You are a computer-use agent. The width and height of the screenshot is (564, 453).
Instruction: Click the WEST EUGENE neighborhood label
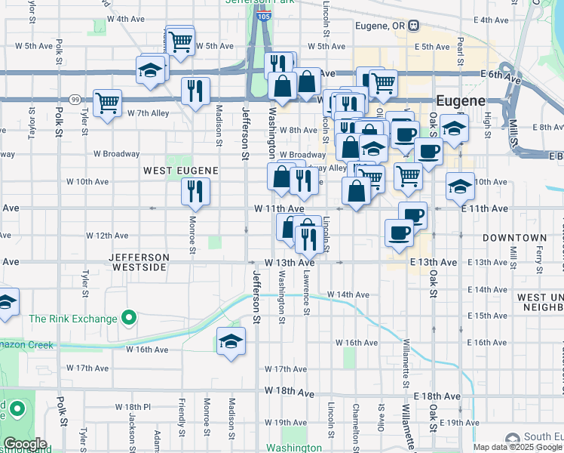(181, 171)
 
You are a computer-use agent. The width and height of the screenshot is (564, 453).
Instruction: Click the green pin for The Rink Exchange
(129, 318)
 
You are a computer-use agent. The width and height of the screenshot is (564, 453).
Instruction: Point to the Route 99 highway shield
(75, 100)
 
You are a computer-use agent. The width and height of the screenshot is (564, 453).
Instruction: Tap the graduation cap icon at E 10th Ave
(460, 186)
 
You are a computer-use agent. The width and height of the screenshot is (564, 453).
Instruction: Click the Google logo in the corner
(25, 444)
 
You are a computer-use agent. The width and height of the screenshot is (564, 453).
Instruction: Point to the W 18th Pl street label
(133, 406)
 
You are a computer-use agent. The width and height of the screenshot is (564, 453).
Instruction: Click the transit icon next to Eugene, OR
(414, 26)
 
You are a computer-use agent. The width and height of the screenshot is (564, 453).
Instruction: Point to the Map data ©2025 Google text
(517, 447)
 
